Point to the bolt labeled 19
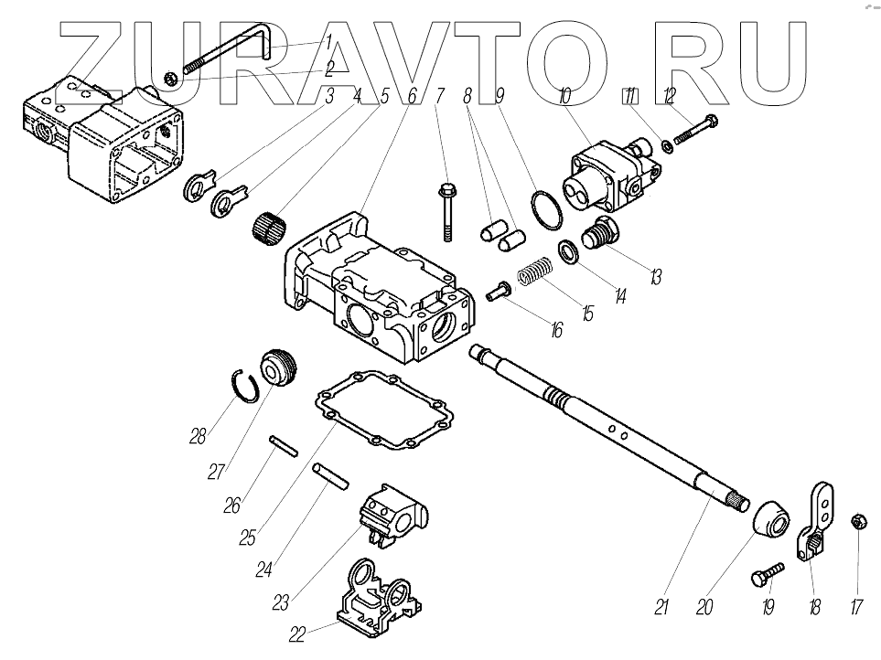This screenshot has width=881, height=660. click(x=765, y=573)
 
